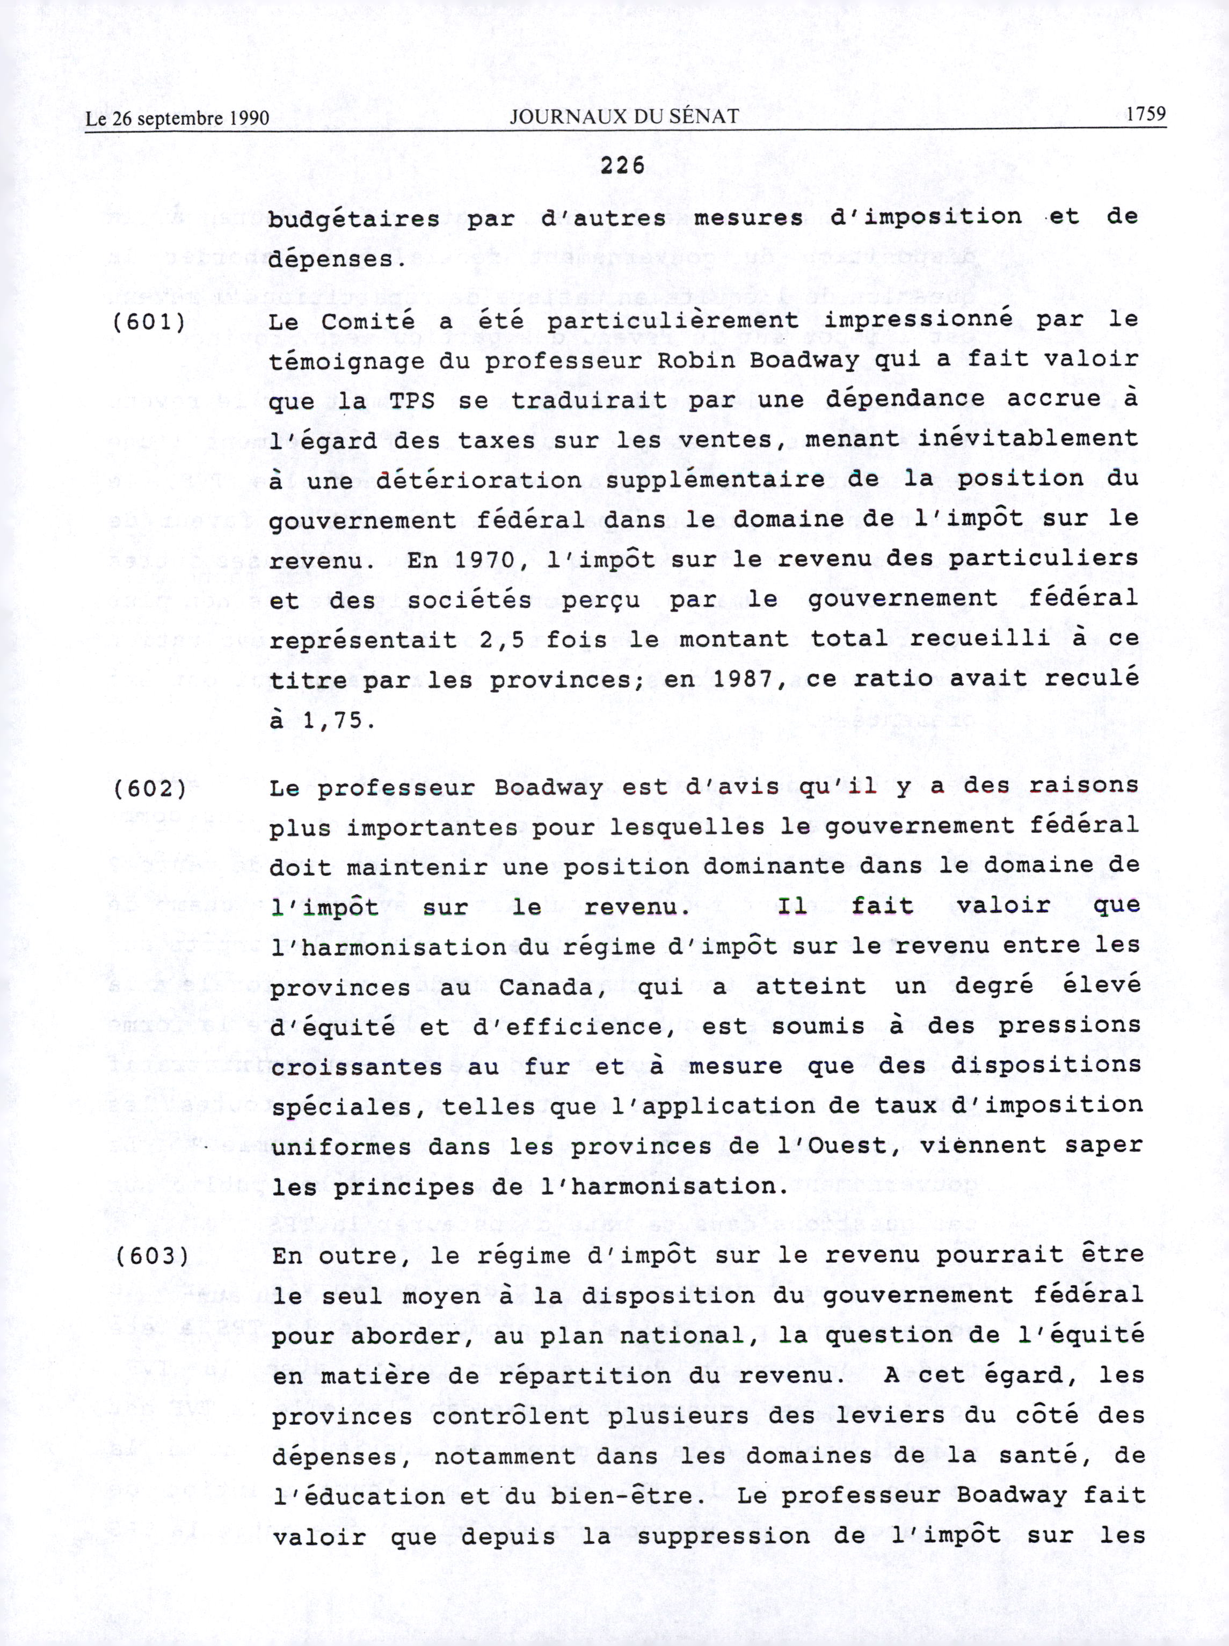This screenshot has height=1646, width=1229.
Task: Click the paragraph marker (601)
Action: click(149, 322)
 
